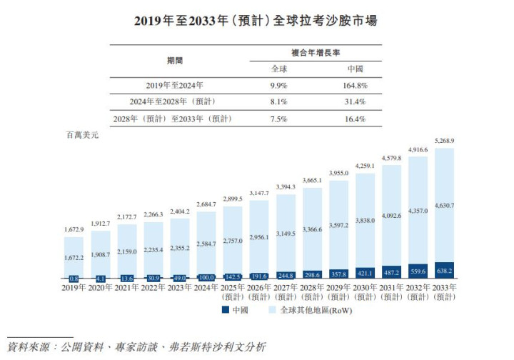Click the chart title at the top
coord(256,21)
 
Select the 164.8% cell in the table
coord(356,84)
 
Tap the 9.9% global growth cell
coord(279,84)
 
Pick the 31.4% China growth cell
coord(356,101)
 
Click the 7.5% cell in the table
coord(279,119)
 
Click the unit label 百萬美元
coord(82,135)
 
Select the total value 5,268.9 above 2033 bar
coord(443,141)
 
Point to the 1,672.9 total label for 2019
coord(74,229)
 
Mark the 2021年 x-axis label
coord(127,287)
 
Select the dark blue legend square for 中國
coord(226,310)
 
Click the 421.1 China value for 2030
coord(365,272)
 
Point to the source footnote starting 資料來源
coord(136,347)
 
